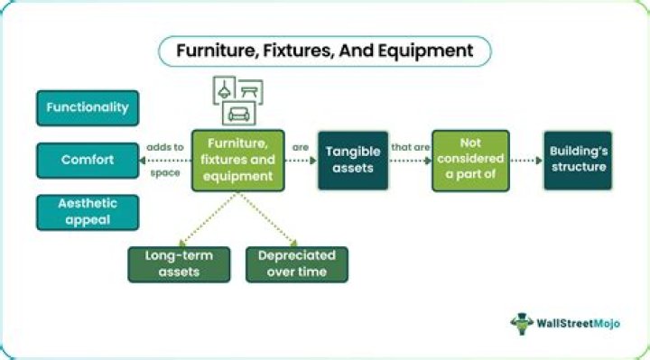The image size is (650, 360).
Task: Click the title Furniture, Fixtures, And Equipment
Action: tap(325, 51)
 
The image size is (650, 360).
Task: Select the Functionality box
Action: tap(88, 107)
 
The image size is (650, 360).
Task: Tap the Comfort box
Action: tap(88, 160)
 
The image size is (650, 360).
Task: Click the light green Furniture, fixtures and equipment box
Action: tap(237, 160)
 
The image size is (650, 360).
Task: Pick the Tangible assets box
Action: tap(352, 160)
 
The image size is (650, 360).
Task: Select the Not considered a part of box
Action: tap(470, 160)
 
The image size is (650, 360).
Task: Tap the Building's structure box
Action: tap(577, 160)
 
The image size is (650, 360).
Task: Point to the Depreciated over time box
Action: tap(296, 264)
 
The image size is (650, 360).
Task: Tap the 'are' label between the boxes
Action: tap(301, 146)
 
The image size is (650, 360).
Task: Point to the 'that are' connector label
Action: tap(410, 146)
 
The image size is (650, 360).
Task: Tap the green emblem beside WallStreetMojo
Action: tap(523, 323)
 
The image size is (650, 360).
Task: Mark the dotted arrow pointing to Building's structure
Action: tap(526, 161)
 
